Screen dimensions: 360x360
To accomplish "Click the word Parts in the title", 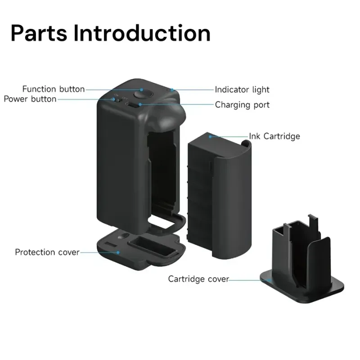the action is click(39, 33).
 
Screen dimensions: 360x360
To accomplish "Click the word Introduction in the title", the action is click(142, 33).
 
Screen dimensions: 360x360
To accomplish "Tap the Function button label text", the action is click(54, 89).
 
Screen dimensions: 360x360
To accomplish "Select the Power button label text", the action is click(30, 99).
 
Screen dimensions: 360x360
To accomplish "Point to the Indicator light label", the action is click(242, 90).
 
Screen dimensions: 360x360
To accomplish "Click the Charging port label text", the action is click(242, 105).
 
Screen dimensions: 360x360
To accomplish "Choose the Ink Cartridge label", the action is click(274, 136).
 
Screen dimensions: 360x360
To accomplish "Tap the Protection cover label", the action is click(47, 252).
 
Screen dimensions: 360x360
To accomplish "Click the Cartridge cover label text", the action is click(198, 279).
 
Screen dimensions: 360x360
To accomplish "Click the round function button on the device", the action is click(143, 94).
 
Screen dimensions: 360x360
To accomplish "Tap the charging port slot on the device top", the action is click(133, 105).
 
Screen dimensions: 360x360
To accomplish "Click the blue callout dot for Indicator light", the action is click(172, 90).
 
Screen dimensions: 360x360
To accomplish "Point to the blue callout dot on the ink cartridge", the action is click(210, 137).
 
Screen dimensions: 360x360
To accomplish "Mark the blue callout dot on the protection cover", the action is click(118, 252).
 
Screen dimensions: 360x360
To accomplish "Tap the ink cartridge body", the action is click(220, 196).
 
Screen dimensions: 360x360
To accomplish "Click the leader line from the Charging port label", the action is click(177, 104).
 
